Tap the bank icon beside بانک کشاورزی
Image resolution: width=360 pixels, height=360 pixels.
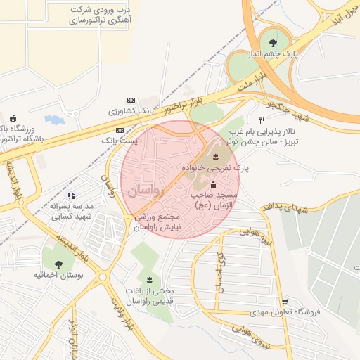pos(130,101)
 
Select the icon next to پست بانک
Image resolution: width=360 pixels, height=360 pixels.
pos(120,130)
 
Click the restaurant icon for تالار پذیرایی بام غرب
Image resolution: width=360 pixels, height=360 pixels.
pos(262,120)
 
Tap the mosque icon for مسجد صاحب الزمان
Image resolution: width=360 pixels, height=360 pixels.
pos(214,184)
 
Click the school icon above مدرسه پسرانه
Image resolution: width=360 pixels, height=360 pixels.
pos(70,195)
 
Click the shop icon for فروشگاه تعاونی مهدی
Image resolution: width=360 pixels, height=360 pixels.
pos(284,301)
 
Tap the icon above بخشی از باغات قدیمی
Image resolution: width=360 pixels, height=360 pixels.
pos(149,280)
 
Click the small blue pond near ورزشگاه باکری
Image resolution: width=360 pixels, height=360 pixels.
pos(54,120)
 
